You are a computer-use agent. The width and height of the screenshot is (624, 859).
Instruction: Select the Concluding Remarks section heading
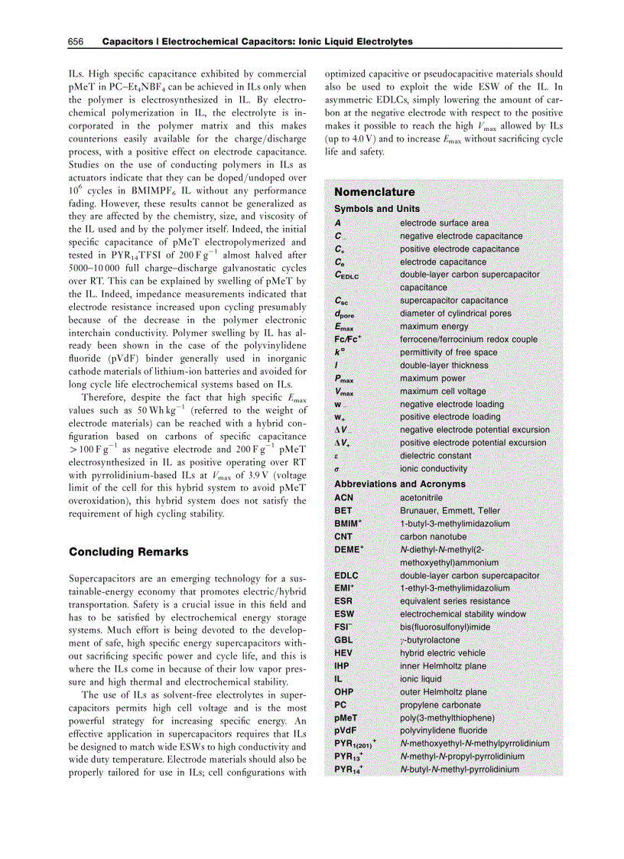click(128, 552)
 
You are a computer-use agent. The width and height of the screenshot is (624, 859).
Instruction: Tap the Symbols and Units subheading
click(377, 209)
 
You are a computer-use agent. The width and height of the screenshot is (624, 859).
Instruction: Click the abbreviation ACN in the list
click(344, 497)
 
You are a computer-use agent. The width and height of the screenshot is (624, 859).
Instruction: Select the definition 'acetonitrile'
click(421, 497)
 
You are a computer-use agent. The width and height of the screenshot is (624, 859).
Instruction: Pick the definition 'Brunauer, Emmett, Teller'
click(450, 510)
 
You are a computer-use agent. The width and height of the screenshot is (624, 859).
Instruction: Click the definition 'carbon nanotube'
click(432, 536)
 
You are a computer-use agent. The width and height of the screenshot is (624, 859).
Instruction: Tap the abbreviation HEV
click(343, 652)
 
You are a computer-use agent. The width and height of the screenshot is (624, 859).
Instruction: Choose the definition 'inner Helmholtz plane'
click(443, 665)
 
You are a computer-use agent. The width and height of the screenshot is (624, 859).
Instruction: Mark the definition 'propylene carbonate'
click(440, 704)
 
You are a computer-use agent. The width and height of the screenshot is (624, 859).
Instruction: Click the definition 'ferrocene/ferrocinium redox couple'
click(469, 339)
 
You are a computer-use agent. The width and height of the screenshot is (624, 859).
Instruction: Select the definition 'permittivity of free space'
click(448, 352)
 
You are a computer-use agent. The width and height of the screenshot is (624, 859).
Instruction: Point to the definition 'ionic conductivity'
click(434, 468)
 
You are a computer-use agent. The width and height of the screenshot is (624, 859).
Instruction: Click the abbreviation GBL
click(343, 639)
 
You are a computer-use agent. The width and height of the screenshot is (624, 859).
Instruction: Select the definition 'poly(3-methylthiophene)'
click(447, 717)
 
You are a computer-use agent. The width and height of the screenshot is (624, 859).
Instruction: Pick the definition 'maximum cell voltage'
click(443, 391)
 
